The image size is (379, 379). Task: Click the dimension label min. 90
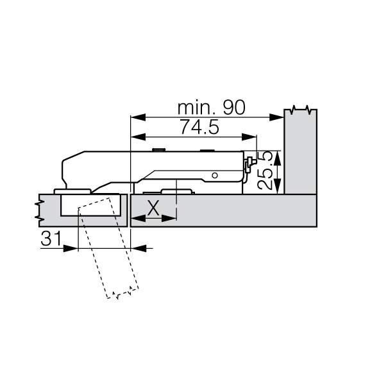[x=212, y=108]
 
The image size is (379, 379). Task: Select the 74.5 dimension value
[x=199, y=127]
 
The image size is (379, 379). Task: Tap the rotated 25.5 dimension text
[x=265, y=171]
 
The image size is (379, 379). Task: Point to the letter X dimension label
[x=153, y=208]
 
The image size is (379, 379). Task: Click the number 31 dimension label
[x=51, y=238]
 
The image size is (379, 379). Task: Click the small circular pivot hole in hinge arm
[x=215, y=176]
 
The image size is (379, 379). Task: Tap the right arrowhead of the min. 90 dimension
[x=276, y=117]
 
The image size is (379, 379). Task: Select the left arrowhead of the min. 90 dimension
[x=138, y=117]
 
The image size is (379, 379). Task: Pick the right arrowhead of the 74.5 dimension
[x=249, y=137]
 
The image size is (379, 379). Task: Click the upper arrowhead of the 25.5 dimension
[x=278, y=158]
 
